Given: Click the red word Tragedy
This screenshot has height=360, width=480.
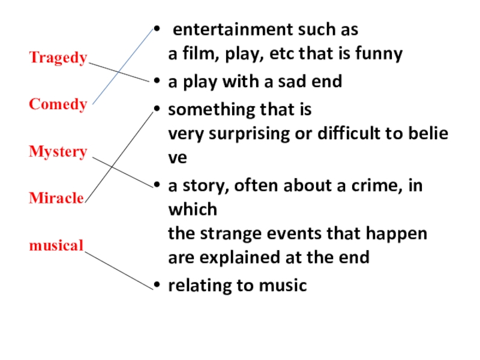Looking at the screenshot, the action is [58, 58].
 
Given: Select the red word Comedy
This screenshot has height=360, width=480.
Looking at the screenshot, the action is [58, 104].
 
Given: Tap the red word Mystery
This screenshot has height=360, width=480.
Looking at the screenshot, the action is [58, 152].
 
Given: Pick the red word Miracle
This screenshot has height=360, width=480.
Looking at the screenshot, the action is [56, 198].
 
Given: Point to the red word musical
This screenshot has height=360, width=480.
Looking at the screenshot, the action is [56, 245].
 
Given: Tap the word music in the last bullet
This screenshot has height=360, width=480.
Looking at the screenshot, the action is [284, 286].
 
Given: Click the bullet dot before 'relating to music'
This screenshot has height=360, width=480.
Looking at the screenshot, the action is [157, 286].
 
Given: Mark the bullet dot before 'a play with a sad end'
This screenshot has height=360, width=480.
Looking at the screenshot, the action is [157, 82].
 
